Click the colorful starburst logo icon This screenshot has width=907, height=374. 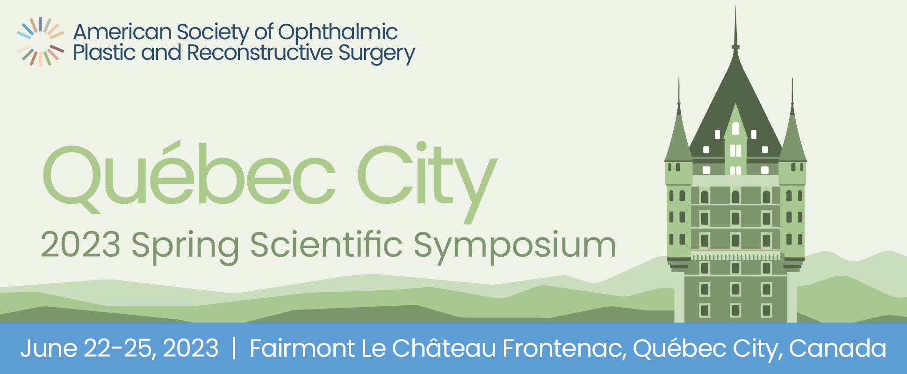tap(40, 42)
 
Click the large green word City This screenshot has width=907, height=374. tap(427, 180)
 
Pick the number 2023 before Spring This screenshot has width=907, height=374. tap(80, 245)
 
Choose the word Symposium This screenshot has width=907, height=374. tap(515, 246)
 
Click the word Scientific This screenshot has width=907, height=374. tap(326, 244)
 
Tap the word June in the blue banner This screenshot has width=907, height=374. tap(49, 348)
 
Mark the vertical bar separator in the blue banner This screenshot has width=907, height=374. tap(234, 349)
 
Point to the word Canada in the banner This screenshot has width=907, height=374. tap(837, 348)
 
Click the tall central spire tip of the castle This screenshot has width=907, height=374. tap(735, 7)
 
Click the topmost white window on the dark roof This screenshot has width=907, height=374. tap(735, 128)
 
